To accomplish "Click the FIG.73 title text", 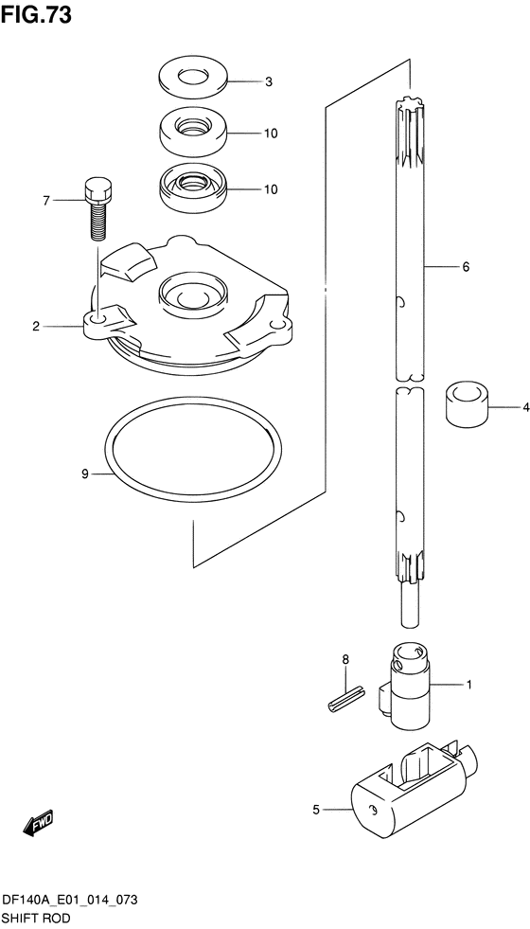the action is (x=36, y=15).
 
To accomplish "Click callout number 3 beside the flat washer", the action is (x=268, y=82).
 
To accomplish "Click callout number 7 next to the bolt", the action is (x=46, y=201).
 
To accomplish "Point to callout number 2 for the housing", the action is (x=36, y=326).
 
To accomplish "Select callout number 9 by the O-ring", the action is (x=84, y=473).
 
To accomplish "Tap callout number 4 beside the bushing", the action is (x=525, y=407).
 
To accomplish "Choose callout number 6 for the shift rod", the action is (x=466, y=267).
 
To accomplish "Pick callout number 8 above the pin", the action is (x=345, y=659).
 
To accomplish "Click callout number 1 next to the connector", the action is (x=468, y=685).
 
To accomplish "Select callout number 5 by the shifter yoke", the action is (x=316, y=810).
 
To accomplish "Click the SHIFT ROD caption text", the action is (x=37, y=919).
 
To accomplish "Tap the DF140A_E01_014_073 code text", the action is (x=70, y=901).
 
